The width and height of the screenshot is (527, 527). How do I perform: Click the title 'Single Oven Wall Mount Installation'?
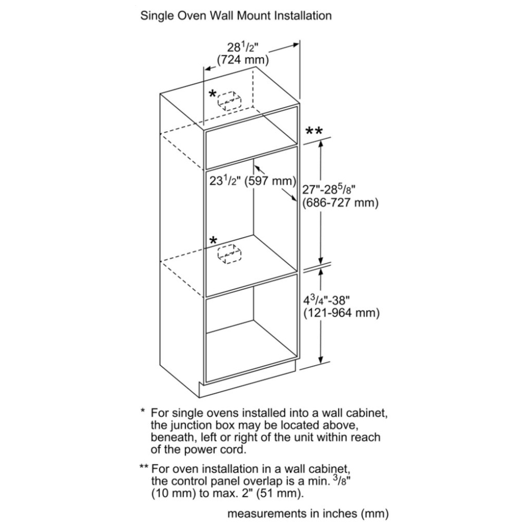pyautogui.click(x=236, y=16)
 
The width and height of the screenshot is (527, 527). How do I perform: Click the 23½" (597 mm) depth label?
pyautogui.click(x=252, y=181)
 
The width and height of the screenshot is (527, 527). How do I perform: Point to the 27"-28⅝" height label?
pyautogui.click(x=329, y=189)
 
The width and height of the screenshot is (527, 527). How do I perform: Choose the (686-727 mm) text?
pyautogui.click(x=340, y=203)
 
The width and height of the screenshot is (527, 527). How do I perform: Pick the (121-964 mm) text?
pyautogui.click(x=341, y=313)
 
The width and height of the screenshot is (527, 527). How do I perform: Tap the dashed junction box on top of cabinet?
pyautogui.click(x=230, y=101)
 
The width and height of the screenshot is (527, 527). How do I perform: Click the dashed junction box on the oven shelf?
pyautogui.click(x=230, y=254)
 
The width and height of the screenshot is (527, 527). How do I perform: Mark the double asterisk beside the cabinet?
pyautogui.click(x=314, y=131)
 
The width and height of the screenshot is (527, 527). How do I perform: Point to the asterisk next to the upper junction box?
pyautogui.click(x=212, y=94)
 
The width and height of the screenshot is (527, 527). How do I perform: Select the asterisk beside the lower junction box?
pyautogui.click(x=213, y=240)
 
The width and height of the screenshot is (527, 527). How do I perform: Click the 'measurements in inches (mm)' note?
pyautogui.click(x=308, y=513)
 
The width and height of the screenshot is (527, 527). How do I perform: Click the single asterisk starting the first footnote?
pyautogui.click(x=143, y=412)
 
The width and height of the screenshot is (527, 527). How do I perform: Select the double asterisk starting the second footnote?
pyautogui.click(x=144, y=467)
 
